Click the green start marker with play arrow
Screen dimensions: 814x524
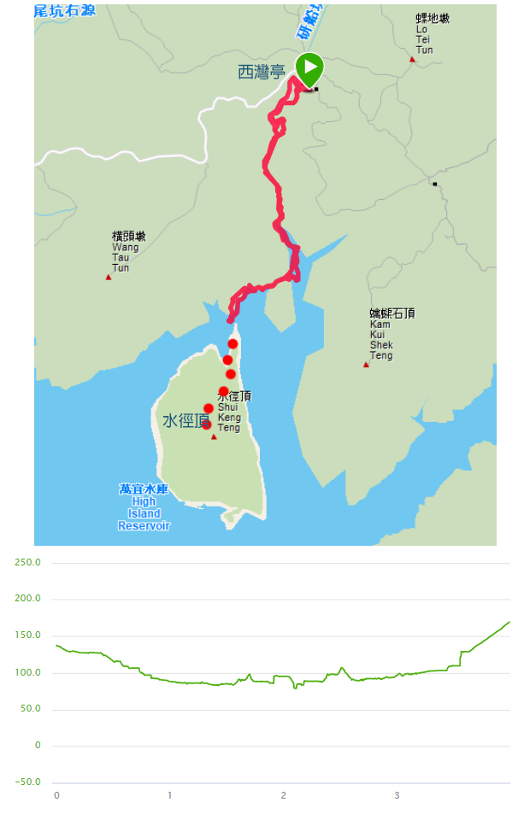309,67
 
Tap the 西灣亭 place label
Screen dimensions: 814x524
261,73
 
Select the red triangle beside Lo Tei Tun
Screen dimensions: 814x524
412,59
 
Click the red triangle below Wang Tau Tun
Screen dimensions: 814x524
109,277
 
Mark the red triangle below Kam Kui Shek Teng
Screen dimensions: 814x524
366,365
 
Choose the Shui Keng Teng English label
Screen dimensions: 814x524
229,417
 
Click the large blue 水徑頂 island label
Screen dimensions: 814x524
185,421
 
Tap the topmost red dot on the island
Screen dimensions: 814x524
233,343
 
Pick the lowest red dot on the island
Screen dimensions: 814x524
206,425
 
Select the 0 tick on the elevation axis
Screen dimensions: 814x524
37,746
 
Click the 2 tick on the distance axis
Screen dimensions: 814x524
284,796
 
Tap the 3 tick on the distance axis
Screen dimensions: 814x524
397,796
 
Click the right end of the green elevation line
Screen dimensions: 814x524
509,622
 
